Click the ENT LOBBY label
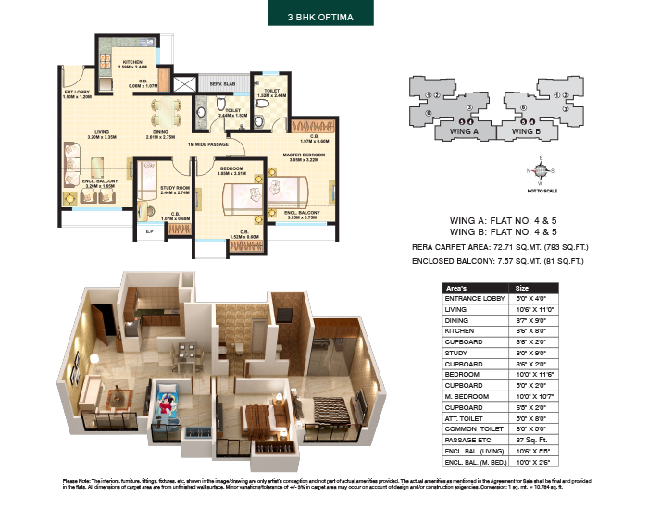[77, 93]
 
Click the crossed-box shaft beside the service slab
[186, 84]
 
